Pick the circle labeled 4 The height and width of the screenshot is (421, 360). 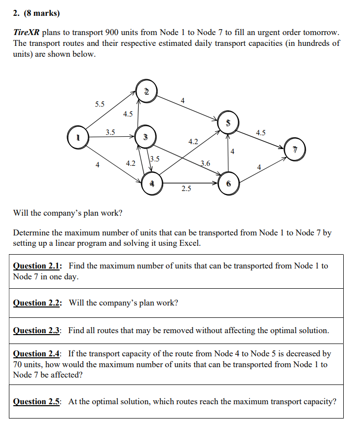(x=152, y=184)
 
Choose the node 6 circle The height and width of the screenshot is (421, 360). (x=228, y=184)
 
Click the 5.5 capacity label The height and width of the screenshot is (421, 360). (x=100, y=104)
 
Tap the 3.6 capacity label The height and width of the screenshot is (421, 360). (x=205, y=163)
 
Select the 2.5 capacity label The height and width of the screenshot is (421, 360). (x=186, y=189)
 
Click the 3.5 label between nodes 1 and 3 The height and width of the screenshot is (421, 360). (x=110, y=132)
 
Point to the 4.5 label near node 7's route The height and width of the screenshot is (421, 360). (x=261, y=132)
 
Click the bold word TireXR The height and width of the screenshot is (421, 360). (x=26, y=33)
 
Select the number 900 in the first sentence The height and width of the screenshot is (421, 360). (x=112, y=33)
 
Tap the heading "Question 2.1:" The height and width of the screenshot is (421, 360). (x=37, y=266)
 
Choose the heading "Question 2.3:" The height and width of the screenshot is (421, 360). (x=37, y=330)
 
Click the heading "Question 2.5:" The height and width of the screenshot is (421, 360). (x=37, y=401)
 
